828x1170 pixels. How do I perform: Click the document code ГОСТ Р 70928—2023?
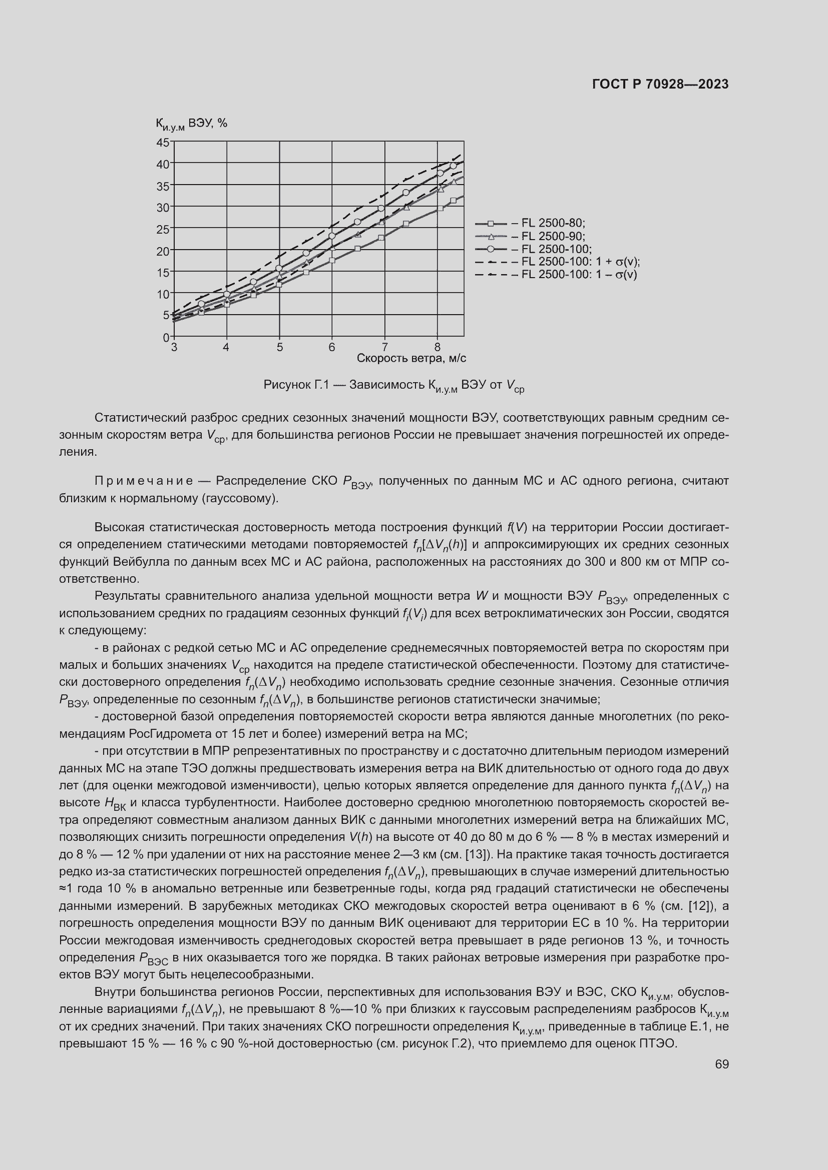tap(660, 85)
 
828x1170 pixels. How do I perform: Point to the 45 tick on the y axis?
tap(163, 142)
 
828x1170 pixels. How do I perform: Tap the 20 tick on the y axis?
tap(163, 251)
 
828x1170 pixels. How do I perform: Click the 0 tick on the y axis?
tap(166, 337)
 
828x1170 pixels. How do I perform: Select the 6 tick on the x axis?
tap(332, 348)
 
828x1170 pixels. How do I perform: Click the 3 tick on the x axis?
tap(174, 348)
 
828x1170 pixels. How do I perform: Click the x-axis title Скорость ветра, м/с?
tap(411, 358)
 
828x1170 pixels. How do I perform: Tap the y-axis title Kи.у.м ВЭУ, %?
tap(191, 124)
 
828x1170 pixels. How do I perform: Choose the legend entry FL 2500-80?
tap(553, 223)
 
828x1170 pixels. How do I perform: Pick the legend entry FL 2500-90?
tap(553, 237)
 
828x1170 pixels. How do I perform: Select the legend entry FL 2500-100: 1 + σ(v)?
tap(580, 262)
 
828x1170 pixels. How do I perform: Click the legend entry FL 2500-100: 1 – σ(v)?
tap(579, 275)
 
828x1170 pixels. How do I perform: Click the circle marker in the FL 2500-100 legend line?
tap(491, 249)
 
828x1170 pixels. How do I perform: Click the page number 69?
tap(721, 1064)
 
